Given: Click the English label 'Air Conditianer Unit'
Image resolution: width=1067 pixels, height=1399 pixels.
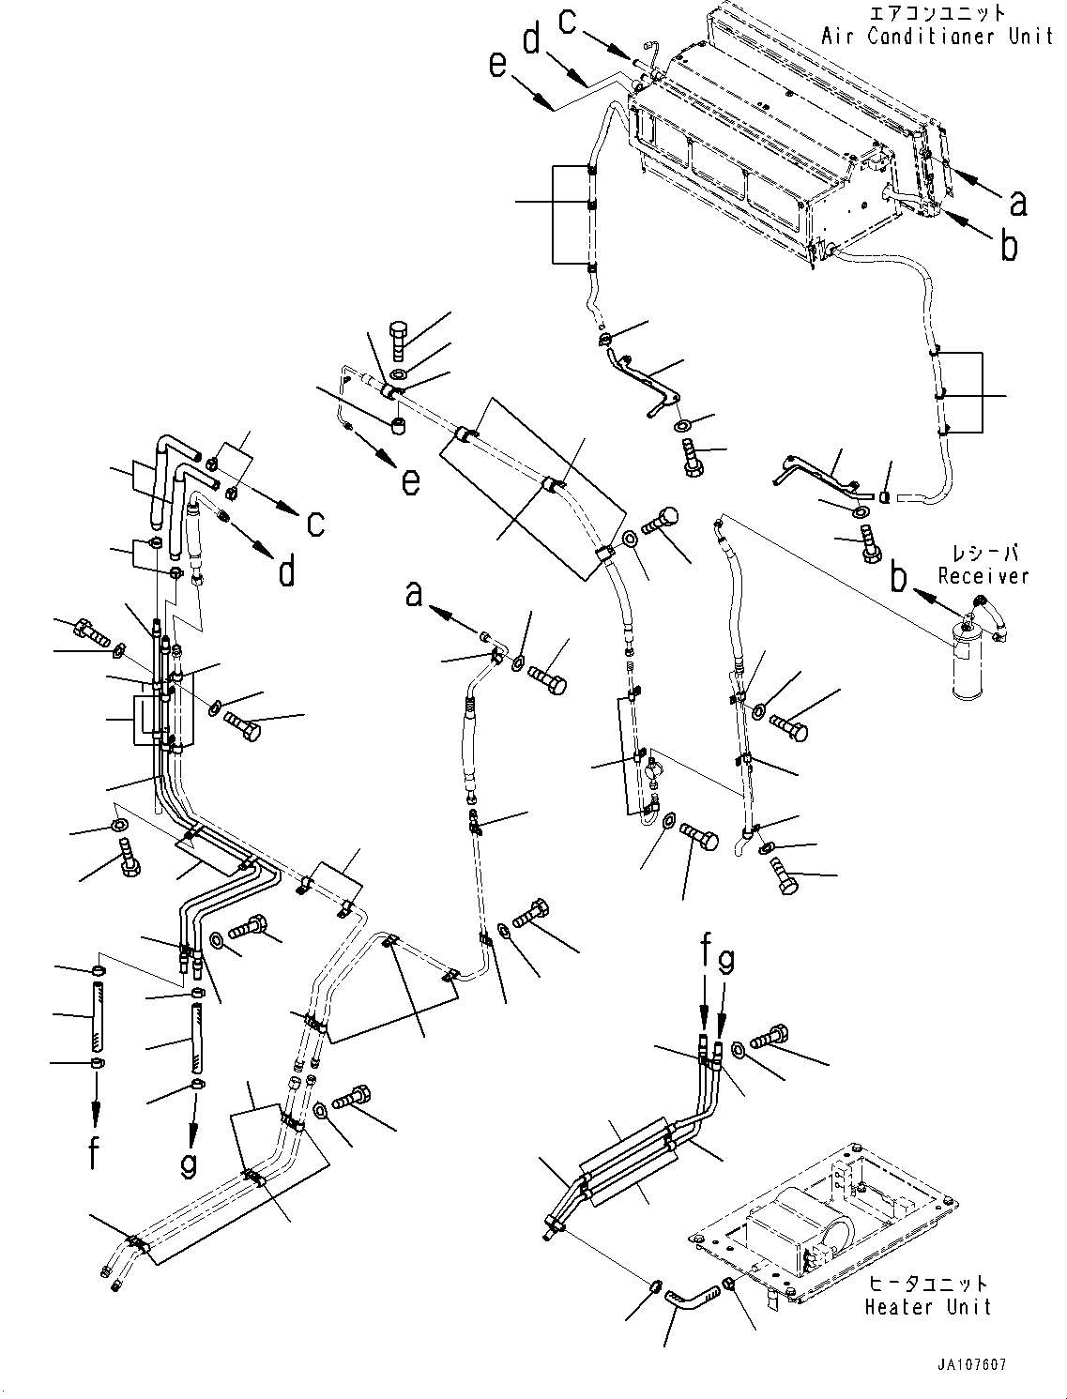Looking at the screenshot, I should [x=937, y=37].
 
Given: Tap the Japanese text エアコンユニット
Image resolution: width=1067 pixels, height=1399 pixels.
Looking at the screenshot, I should [x=937, y=13].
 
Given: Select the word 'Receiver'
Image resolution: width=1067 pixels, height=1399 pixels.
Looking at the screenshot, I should [x=983, y=576].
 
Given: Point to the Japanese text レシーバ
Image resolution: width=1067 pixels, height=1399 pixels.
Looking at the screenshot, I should [x=983, y=554].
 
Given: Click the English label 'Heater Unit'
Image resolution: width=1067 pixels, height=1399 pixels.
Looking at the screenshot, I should [x=927, y=1305].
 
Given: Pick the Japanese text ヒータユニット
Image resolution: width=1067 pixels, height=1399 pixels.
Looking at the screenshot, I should [x=927, y=1283].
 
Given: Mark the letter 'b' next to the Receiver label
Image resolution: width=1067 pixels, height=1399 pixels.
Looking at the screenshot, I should [x=899, y=578].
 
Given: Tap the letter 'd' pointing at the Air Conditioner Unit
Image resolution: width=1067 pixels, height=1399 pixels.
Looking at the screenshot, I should [x=532, y=41].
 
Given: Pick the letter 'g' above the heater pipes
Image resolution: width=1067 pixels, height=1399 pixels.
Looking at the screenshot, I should [x=725, y=961].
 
